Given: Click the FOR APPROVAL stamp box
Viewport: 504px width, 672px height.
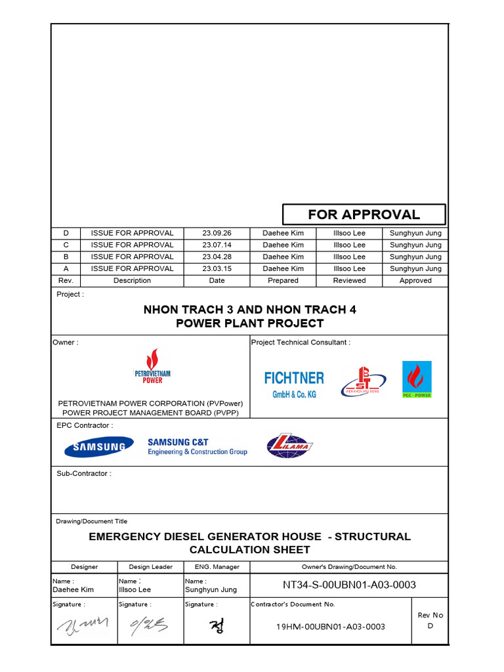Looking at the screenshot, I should [x=364, y=215].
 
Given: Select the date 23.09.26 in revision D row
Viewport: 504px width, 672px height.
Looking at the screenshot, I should [x=217, y=233].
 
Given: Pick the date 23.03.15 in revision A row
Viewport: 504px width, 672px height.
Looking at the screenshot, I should [x=217, y=268].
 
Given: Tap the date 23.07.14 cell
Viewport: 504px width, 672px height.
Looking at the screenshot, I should [x=217, y=245].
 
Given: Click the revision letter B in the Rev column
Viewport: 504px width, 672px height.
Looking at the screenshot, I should [x=66, y=257].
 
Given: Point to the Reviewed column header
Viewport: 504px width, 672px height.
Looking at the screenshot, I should [x=349, y=280].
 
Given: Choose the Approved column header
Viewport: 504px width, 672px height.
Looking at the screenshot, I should [x=415, y=280].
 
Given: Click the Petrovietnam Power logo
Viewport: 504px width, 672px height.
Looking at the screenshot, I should [x=152, y=367].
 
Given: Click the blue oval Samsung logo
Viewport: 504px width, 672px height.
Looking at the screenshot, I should [x=95, y=448].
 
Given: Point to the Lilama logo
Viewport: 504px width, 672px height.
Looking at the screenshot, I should [x=290, y=446].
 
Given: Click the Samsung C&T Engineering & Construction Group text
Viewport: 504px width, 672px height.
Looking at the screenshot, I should [x=197, y=447].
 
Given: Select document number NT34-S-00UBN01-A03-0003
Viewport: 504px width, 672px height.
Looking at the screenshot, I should [x=349, y=585].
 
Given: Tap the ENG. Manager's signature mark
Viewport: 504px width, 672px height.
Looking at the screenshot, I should [x=216, y=627].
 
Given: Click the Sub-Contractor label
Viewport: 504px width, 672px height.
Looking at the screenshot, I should [x=83, y=473].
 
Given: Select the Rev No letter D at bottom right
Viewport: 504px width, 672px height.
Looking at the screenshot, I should [x=430, y=626].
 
